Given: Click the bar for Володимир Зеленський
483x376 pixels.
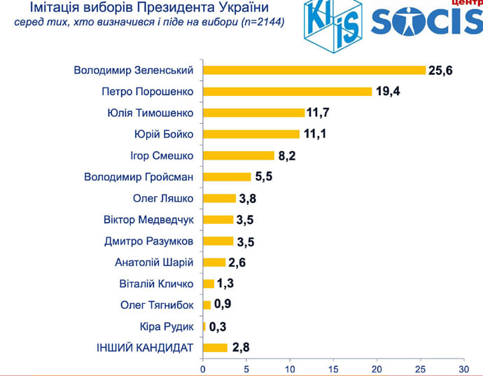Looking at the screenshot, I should tap(314, 70).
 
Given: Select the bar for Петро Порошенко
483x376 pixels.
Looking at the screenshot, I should tap(287, 92).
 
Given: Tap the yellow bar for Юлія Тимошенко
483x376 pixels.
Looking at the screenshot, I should tap(253, 113).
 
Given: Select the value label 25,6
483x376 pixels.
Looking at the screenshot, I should tap(442, 70).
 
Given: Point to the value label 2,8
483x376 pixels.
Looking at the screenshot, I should tap(241, 348).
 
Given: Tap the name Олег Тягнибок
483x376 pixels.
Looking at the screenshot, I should tap(159, 305).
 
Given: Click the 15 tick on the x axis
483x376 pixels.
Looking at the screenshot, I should tap(332, 368).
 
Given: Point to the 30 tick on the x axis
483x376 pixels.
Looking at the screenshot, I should tap(463, 368).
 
